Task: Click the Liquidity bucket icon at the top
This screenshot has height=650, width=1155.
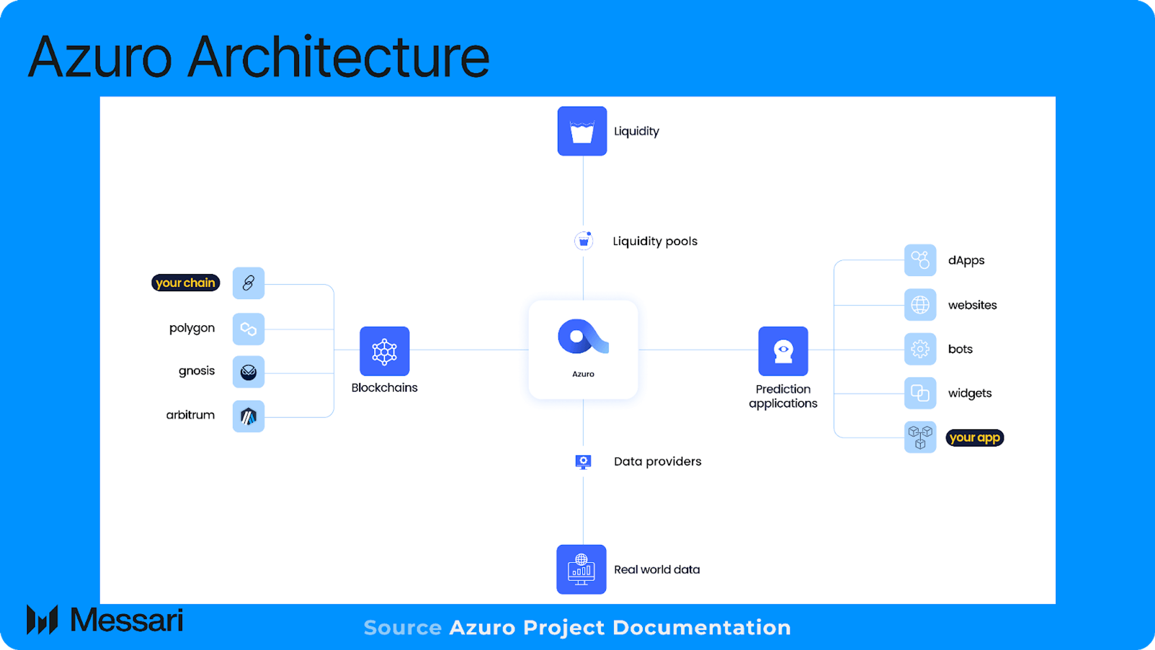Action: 582,131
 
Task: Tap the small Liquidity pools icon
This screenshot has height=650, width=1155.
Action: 583,241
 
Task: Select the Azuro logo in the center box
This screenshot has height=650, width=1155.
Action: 583,337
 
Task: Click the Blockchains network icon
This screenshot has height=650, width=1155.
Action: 384,351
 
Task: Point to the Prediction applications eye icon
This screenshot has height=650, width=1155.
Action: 783,351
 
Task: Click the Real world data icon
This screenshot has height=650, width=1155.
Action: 581,570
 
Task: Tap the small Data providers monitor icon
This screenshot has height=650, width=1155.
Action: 583,462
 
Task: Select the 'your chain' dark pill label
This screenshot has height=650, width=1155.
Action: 185,283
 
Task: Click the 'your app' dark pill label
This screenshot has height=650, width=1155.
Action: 974,437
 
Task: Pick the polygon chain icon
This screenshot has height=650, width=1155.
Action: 249,329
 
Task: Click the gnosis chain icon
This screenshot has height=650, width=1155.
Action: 249,372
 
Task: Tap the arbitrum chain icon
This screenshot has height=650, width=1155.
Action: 249,416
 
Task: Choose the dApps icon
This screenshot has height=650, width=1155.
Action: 920,260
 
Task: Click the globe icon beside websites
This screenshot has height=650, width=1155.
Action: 920,305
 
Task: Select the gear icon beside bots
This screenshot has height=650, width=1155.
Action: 920,349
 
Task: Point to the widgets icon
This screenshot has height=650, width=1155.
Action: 920,393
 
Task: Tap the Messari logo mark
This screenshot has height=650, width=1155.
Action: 42,620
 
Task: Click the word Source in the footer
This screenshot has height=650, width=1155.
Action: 402,628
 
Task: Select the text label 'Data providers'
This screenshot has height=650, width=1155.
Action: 657,462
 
